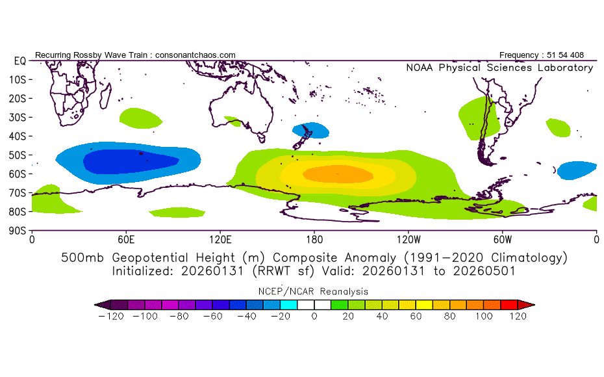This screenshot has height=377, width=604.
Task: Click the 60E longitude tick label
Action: (126, 239)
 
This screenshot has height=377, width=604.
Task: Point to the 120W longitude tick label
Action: (408, 239)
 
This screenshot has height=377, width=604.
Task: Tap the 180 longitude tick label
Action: (314, 239)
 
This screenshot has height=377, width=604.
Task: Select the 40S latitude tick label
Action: (18, 136)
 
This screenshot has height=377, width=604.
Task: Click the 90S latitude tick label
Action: (18, 230)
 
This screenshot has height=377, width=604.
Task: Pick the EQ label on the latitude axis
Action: (19, 60)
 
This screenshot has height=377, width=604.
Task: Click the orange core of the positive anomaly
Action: (338, 174)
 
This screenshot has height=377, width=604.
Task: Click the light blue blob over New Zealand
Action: (311, 130)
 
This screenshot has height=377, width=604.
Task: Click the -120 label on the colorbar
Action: (111, 317)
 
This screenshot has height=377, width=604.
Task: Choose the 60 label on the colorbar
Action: (416, 317)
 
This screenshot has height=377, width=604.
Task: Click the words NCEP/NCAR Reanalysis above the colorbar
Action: (314, 291)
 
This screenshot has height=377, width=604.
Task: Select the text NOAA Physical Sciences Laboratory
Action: (499, 68)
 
